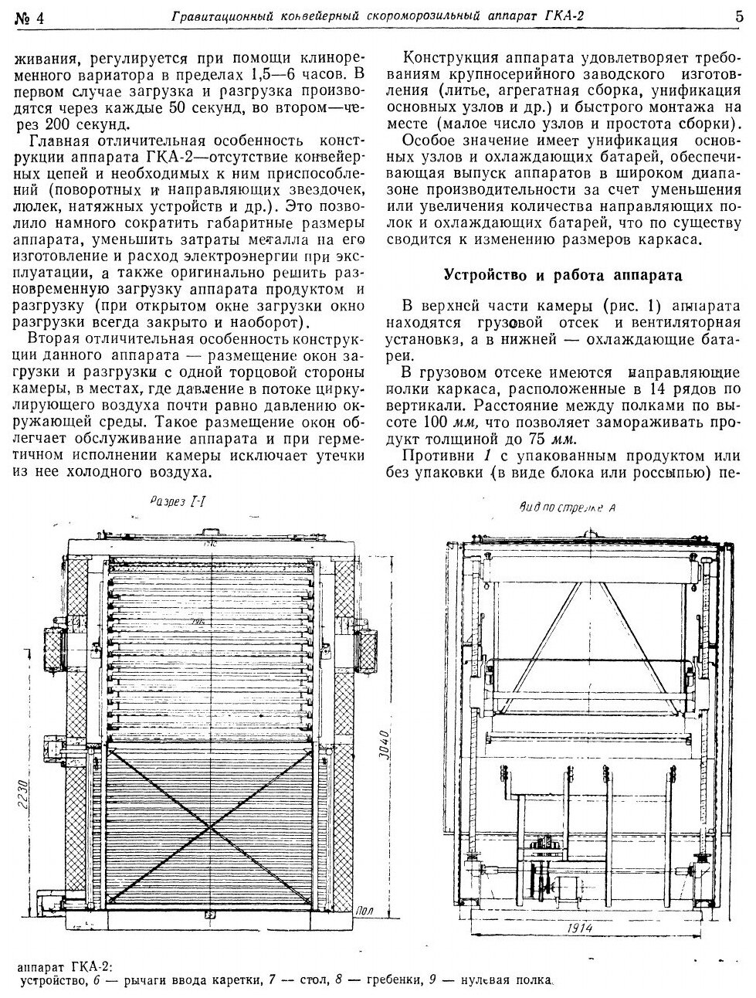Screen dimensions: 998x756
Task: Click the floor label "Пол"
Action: point(366,911)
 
